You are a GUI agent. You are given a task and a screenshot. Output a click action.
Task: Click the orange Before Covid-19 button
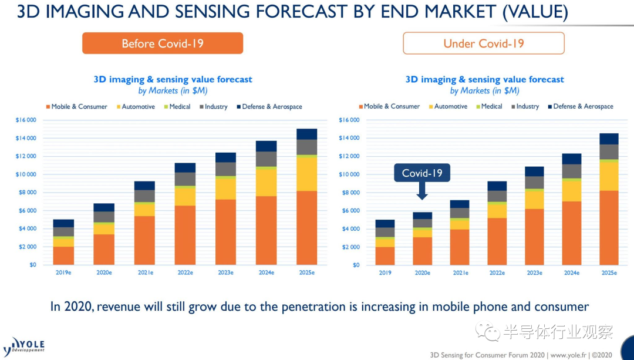click(162, 43)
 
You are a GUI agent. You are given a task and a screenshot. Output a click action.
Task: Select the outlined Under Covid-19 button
click(483, 43)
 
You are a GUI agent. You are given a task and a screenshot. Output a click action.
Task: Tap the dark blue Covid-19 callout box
click(421, 173)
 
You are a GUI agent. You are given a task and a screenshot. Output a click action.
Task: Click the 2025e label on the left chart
click(306, 273)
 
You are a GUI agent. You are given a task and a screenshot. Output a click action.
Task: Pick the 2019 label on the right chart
click(385, 273)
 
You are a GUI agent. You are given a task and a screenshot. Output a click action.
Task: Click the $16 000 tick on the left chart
click(26, 120)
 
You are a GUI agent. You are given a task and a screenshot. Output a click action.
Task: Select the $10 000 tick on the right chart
click(349, 174)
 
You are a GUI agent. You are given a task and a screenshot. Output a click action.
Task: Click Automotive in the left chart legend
click(138, 107)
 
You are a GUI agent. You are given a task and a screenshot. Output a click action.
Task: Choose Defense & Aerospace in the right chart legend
click(583, 106)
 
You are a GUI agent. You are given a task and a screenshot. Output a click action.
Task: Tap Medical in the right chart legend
click(491, 106)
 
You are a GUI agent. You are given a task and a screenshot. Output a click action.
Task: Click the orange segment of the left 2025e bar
click(306, 228)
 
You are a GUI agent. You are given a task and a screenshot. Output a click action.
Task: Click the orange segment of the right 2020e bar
click(421, 251)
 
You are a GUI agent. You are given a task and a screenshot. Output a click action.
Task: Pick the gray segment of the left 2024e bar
click(267, 159)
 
